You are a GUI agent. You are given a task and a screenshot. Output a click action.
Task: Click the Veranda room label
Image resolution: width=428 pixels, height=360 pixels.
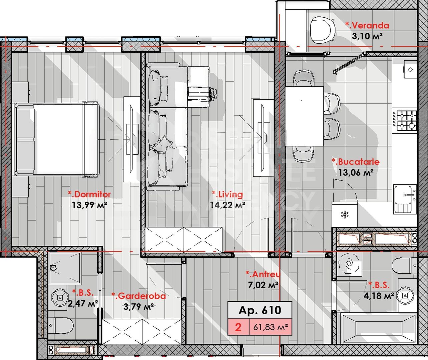click(x=367, y=25)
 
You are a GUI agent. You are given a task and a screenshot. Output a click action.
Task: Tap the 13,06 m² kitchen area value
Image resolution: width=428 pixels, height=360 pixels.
click(x=355, y=172)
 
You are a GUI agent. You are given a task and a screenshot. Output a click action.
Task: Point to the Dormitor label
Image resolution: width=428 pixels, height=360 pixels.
click(x=89, y=194)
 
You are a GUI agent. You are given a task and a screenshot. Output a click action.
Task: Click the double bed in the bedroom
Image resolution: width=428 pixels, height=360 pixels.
click(x=57, y=139)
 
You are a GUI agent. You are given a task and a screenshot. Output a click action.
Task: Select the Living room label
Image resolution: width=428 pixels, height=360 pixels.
click(x=228, y=194)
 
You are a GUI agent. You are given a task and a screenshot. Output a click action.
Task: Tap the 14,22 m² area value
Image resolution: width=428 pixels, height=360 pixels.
click(x=228, y=205)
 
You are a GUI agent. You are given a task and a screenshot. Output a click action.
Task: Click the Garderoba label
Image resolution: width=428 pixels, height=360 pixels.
click(x=138, y=296)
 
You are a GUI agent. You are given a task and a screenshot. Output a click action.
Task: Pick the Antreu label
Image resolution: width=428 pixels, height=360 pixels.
click(x=263, y=274)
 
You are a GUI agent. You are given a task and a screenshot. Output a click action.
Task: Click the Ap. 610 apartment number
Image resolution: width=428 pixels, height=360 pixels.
click(x=260, y=310)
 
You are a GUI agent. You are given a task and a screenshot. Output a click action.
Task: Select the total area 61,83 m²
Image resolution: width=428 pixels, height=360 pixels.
click(x=271, y=327)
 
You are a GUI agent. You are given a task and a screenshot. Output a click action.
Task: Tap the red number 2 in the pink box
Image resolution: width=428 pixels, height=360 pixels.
click(x=238, y=327)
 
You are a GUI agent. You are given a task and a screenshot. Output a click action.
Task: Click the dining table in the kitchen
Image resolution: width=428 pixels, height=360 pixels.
click(x=304, y=116)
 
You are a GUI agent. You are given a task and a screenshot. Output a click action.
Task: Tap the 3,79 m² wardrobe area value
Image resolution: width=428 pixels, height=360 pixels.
click(x=138, y=306)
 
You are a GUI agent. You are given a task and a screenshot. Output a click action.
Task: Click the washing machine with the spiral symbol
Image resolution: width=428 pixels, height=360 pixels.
click(x=349, y=264)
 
